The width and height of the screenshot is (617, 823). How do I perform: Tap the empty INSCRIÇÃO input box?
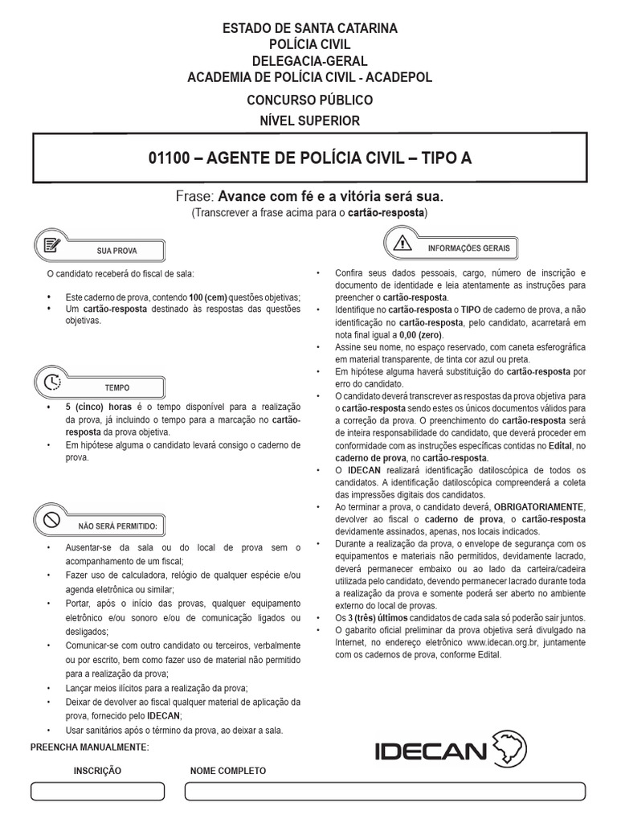[x=97, y=791]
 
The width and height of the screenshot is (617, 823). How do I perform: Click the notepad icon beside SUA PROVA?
[x=50, y=244]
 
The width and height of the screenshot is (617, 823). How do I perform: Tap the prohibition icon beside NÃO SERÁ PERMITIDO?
[x=50, y=519]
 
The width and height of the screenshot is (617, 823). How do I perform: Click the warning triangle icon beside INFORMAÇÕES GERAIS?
[x=402, y=241]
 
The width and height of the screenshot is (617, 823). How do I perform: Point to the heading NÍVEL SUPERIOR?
[x=309, y=121]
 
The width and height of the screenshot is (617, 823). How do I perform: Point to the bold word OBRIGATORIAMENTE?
[x=540, y=507]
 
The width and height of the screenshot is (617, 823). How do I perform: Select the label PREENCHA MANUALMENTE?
[x=89, y=747]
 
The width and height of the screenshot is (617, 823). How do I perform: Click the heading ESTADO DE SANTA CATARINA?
[x=309, y=29]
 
